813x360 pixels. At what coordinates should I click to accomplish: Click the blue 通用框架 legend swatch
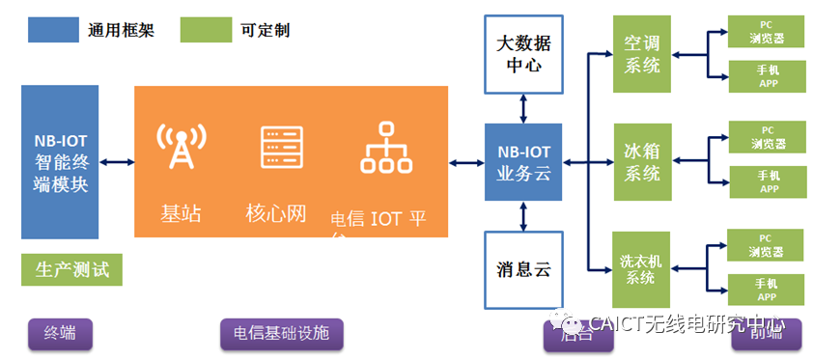tap(52, 30)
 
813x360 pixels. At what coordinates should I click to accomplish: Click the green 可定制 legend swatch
tap(206, 30)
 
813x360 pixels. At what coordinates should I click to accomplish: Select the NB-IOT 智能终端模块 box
tap(60, 162)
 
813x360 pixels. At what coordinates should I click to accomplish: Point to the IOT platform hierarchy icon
tap(386, 149)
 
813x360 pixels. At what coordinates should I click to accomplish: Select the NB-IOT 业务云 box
tap(522, 162)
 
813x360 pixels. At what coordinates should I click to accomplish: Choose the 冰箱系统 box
tap(642, 162)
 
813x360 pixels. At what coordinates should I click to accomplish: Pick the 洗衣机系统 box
tap(642, 269)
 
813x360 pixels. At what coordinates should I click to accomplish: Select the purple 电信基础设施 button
tap(281, 334)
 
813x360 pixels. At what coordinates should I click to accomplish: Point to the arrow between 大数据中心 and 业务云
tap(522, 107)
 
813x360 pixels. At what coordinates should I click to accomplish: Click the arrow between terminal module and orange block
tap(116, 162)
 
